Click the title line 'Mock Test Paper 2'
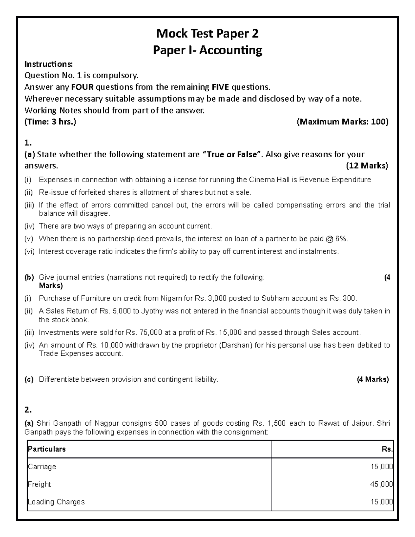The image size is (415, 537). [x=207, y=34]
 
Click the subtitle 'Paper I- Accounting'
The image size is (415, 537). [x=207, y=50]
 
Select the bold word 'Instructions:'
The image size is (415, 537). [x=49, y=64]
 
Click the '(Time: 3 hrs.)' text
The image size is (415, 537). [x=50, y=122]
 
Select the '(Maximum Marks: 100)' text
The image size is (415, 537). [x=343, y=122]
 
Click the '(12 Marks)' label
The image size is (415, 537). [x=367, y=166]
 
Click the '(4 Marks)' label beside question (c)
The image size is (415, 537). [x=373, y=379]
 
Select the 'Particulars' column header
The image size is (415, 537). [x=47, y=449]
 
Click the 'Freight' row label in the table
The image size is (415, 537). [x=39, y=484]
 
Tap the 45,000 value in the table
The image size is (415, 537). [x=381, y=484]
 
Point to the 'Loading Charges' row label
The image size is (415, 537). [x=56, y=502]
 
